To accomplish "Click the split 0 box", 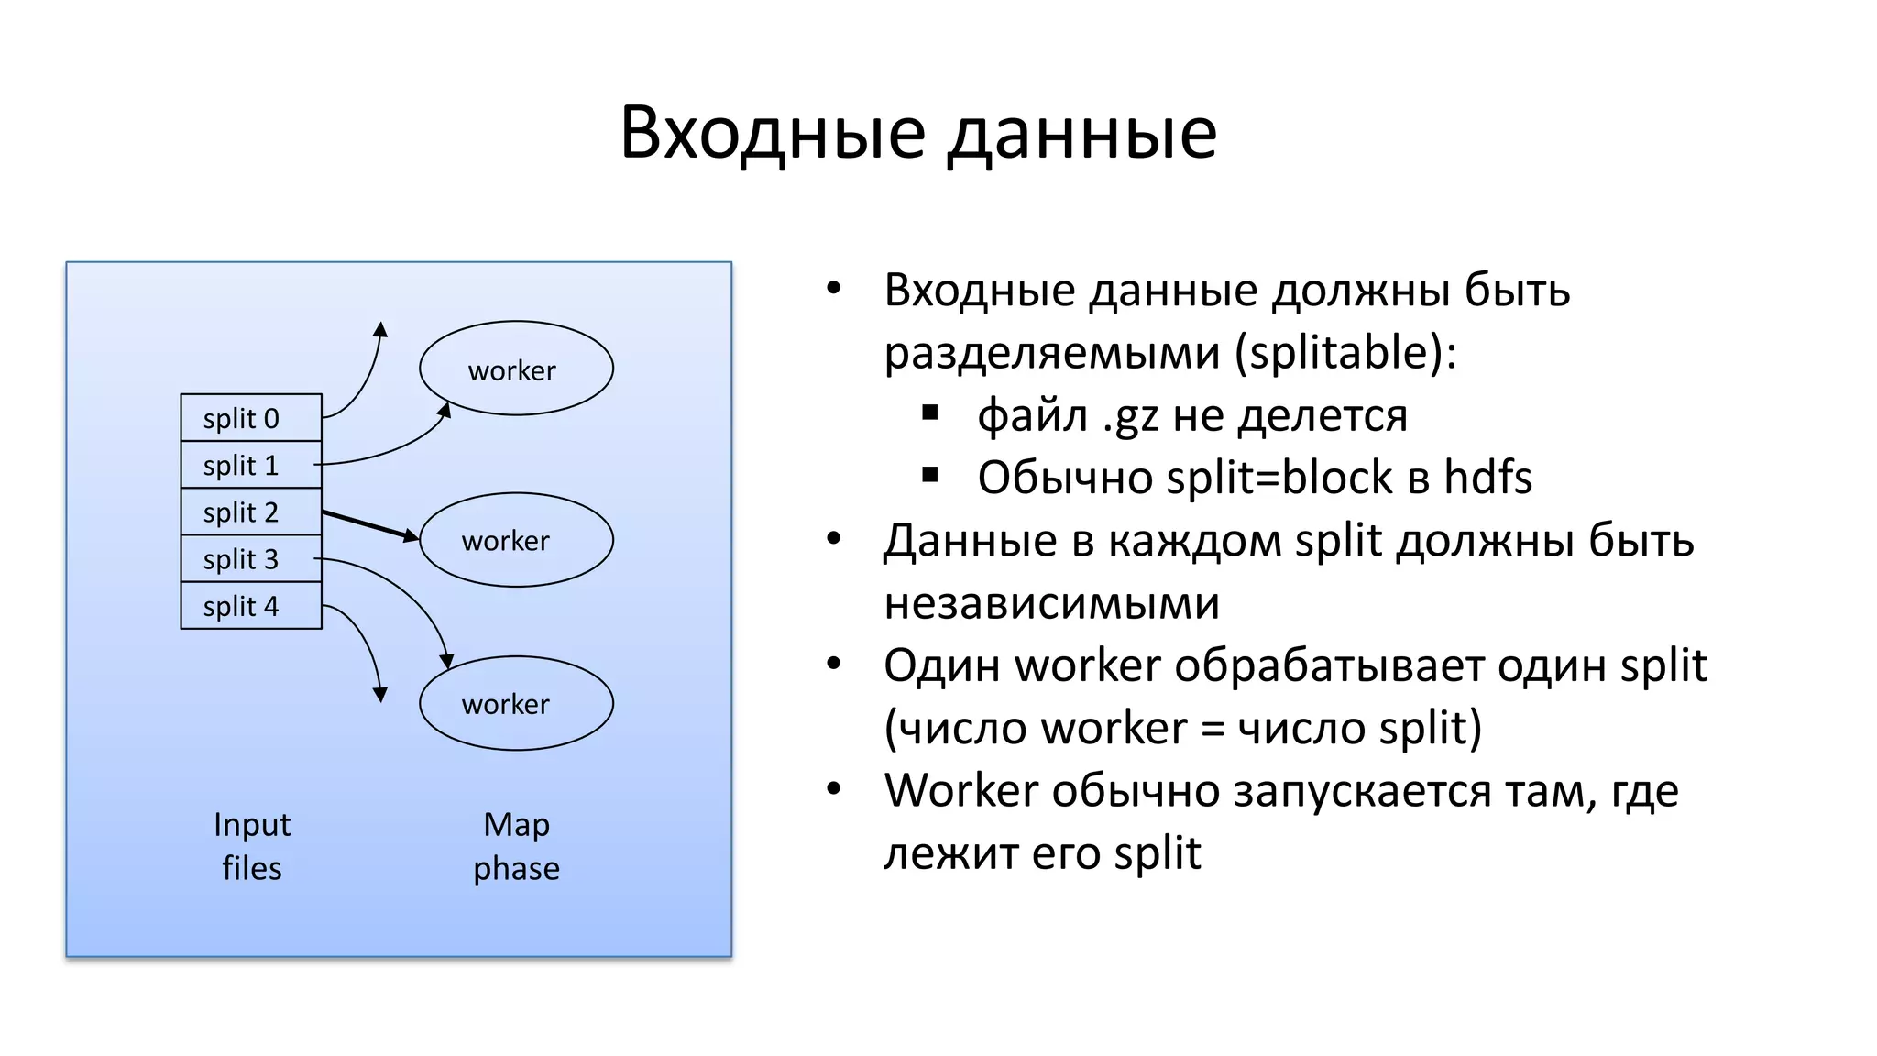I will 251,418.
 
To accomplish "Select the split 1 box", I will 251,465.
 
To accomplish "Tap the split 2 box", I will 251,511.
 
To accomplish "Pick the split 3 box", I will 251,559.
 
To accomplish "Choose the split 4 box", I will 251,606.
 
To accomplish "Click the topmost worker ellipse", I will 516,368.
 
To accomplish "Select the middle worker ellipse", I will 516,540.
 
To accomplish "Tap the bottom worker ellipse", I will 516,703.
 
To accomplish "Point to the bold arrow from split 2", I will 368,525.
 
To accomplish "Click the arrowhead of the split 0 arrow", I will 381,328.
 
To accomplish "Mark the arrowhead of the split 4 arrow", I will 380,695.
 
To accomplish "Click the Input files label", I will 252,846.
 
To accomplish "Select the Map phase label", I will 516,846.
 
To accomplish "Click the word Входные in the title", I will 773,133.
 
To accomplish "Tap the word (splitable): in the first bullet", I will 1345,353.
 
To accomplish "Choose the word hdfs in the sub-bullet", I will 1487,478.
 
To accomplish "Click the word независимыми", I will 1051,603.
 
